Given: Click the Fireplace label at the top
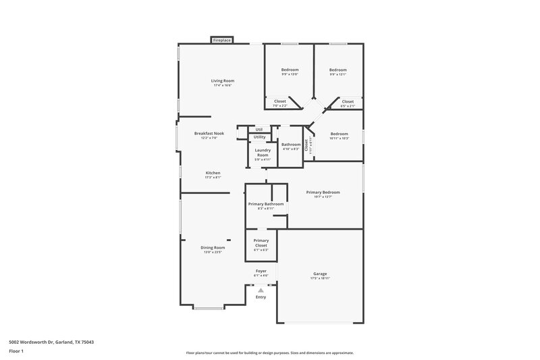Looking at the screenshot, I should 222,41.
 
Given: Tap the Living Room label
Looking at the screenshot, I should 223,80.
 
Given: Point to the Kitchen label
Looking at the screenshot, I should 213,173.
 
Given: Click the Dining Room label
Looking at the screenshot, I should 213,248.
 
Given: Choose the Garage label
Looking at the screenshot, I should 320,274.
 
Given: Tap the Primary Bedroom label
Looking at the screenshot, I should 323,192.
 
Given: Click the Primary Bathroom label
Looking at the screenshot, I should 265,204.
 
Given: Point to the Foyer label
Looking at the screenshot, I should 261,271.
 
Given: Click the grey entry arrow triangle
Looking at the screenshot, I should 261,290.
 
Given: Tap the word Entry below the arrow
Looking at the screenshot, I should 261,297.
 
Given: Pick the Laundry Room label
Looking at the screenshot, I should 263,153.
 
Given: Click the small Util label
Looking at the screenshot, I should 259,130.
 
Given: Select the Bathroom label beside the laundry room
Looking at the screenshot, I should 291,144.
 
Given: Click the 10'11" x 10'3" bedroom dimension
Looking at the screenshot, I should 339,138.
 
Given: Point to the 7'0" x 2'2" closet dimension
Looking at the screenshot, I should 279,105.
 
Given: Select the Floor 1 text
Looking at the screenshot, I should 16,352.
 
